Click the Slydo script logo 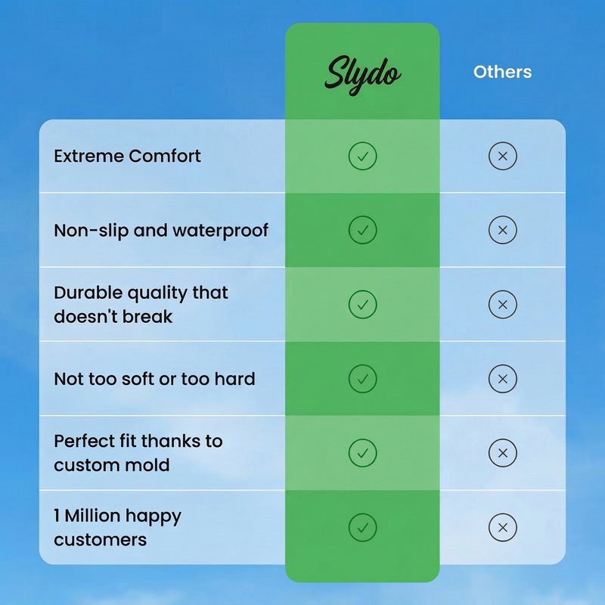click(x=362, y=74)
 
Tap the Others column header click(x=502, y=72)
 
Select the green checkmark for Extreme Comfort click(x=362, y=156)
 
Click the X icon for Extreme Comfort click(x=502, y=156)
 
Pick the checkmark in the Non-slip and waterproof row click(x=362, y=230)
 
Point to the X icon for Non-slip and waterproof click(x=502, y=230)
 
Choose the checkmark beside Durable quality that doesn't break click(x=362, y=305)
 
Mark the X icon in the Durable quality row click(x=502, y=305)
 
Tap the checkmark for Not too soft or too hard click(x=362, y=379)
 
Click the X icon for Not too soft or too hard click(x=502, y=379)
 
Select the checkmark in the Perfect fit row click(x=362, y=452)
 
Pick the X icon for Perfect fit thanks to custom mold click(x=502, y=452)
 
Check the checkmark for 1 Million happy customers click(x=362, y=527)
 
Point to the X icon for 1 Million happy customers click(x=502, y=527)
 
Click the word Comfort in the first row click(x=164, y=156)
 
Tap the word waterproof click(x=220, y=231)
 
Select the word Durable click(x=88, y=293)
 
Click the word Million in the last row click(x=92, y=516)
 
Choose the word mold click(x=150, y=465)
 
